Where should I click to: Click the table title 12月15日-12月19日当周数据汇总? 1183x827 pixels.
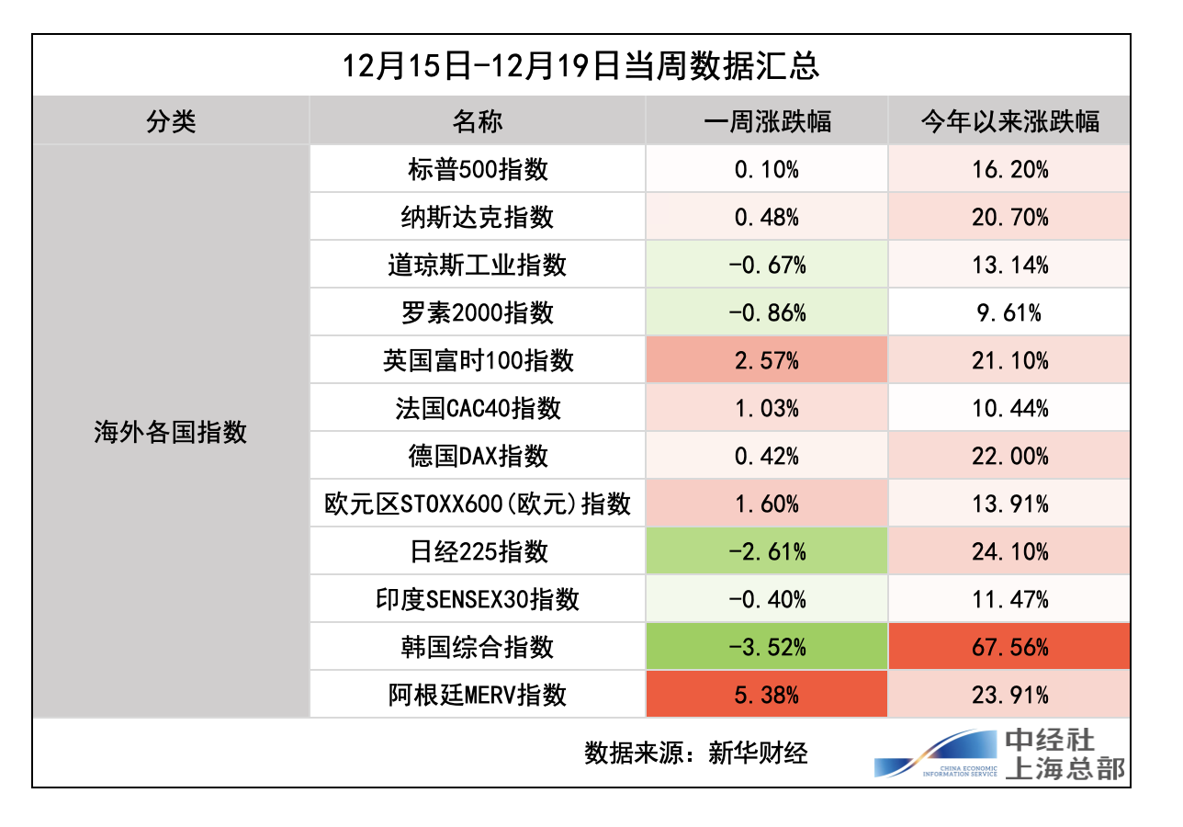[x=580, y=66]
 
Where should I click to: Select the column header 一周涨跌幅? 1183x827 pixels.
[x=767, y=121]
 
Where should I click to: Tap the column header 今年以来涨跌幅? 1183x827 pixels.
[x=1009, y=121]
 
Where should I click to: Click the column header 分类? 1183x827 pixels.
[x=171, y=121]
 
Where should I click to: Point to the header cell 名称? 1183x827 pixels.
[x=478, y=121]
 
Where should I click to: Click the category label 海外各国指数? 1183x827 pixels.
[x=171, y=432]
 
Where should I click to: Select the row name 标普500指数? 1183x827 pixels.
[x=478, y=169]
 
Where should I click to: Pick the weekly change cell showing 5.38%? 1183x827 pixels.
[x=767, y=695]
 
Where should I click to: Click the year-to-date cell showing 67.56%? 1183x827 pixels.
[x=1009, y=647]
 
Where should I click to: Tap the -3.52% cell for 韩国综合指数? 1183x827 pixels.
[x=767, y=647]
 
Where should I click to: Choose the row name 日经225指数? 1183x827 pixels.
[x=478, y=551]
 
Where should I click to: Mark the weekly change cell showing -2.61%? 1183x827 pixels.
[x=767, y=551]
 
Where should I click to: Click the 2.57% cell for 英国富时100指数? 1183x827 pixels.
[x=767, y=360]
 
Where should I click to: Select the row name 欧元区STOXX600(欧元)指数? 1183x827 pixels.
[x=478, y=504]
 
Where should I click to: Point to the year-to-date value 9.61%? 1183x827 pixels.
[x=1009, y=312]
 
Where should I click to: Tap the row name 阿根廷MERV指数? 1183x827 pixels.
[x=478, y=695]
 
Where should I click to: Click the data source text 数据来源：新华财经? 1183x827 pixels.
[x=695, y=753]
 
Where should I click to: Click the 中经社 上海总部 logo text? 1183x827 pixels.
[x=1064, y=753]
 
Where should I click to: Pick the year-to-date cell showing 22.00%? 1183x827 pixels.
[x=1009, y=456]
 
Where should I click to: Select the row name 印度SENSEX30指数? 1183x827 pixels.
[x=478, y=599]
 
